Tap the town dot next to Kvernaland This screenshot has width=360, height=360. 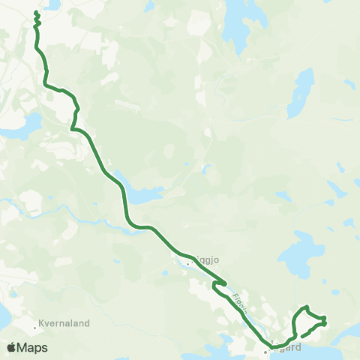pos(36,327)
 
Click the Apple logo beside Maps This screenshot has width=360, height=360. pos(10,347)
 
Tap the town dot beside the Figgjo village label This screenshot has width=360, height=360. pos(187,263)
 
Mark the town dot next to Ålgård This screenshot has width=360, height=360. pos(265,349)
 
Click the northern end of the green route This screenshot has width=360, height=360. pos(36,14)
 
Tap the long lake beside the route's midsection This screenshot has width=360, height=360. pos(142,196)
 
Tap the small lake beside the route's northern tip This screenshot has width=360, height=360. pos(52,4)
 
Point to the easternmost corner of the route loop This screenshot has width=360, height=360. pos(325,321)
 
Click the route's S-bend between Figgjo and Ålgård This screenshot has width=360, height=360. pos(217,286)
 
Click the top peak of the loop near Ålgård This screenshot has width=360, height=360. pos(305,307)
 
